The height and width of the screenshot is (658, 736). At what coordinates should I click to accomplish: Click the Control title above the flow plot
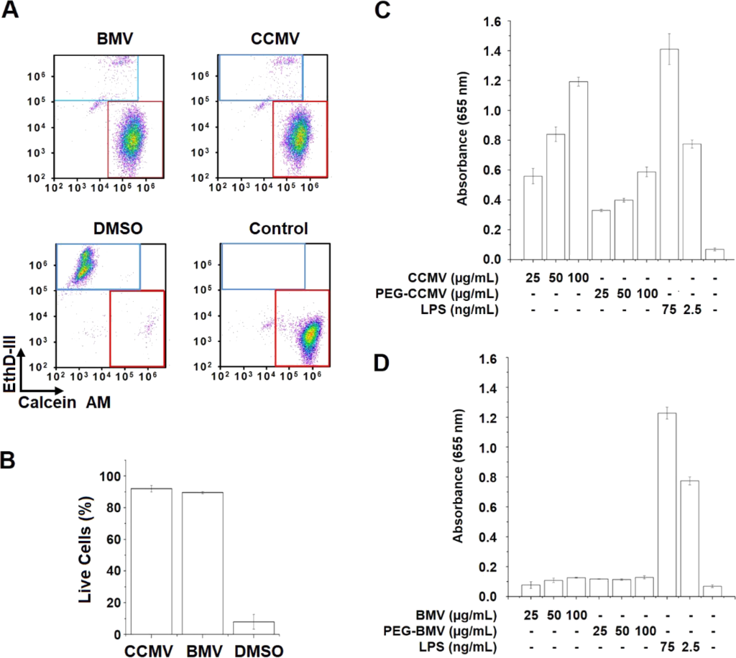[x=278, y=229]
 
